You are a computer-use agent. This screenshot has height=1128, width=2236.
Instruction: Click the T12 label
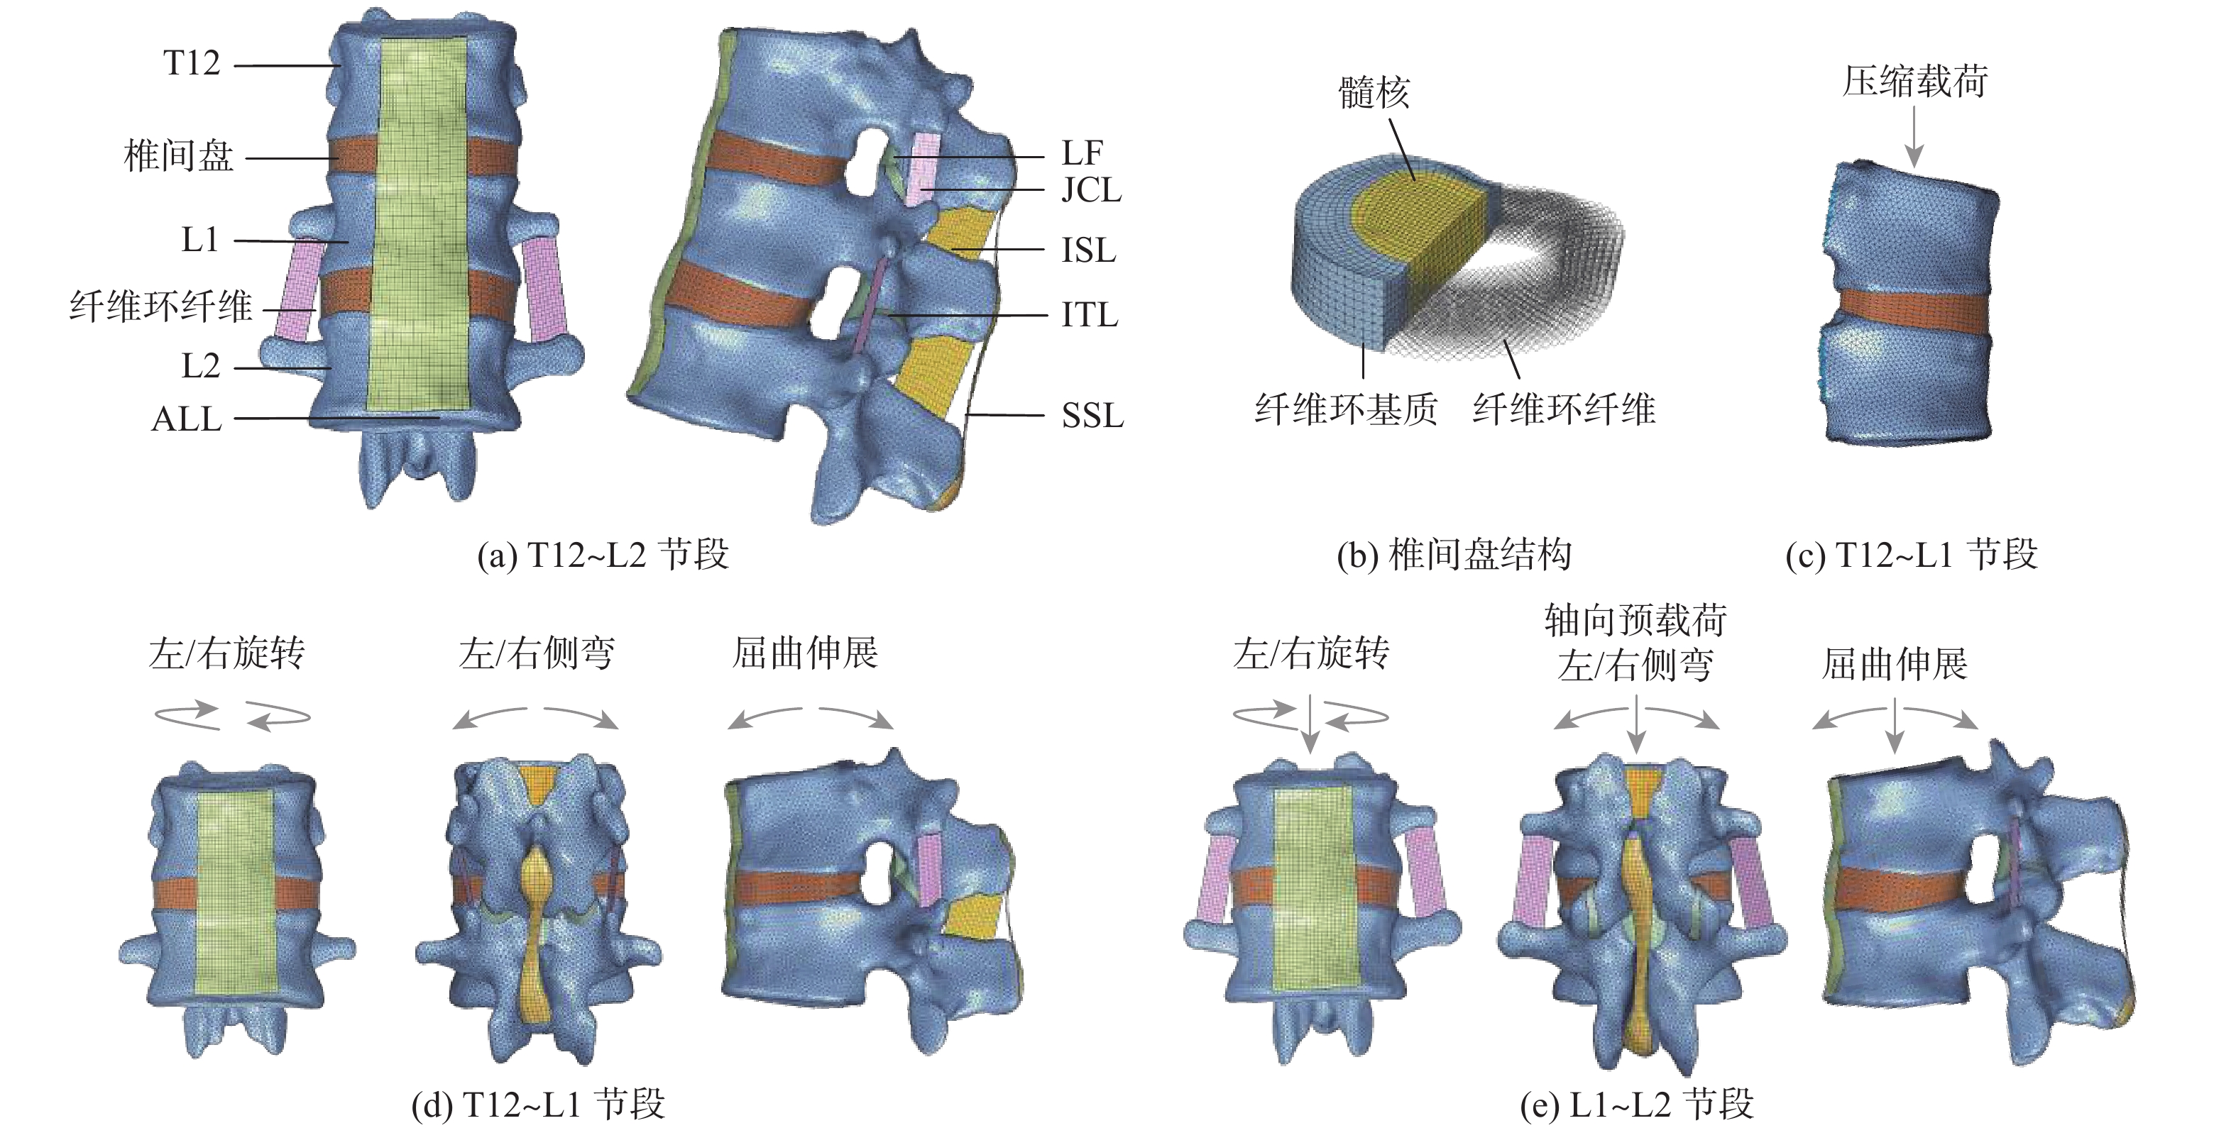[x=192, y=63]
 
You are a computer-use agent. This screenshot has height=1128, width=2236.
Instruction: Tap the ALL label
[x=187, y=419]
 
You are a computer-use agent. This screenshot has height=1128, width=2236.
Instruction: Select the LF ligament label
[x=1082, y=153]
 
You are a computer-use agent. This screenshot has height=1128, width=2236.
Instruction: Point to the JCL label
[x=1091, y=189]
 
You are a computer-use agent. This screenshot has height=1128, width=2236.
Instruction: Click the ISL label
[x=1088, y=250]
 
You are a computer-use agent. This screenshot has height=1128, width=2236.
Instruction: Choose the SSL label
[x=1092, y=416]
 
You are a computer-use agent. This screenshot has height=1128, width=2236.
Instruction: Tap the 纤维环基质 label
[x=1345, y=408]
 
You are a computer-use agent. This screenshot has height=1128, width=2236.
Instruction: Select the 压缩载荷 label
[x=1915, y=82]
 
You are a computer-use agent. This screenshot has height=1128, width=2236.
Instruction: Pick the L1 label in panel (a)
[x=199, y=240]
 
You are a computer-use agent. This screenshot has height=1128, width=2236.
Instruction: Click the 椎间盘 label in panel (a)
[x=179, y=156]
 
